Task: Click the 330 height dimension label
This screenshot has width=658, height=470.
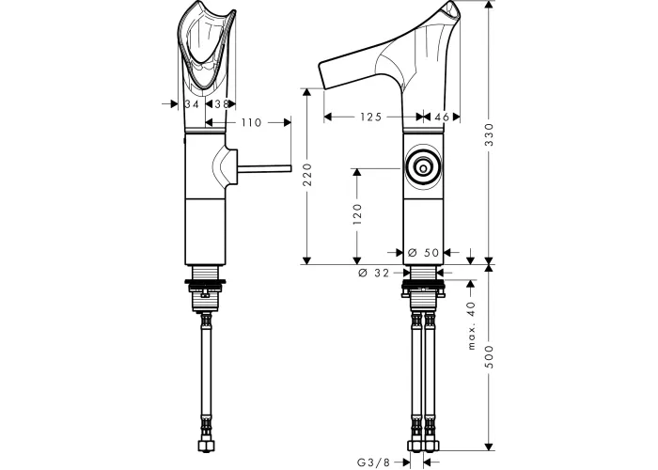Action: coord(490,134)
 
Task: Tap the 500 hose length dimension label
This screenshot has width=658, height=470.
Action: coord(490,356)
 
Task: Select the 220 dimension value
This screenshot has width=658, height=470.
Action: coord(307,175)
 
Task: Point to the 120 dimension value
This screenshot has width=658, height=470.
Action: coord(357,214)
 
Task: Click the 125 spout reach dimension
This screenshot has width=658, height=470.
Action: coord(371,117)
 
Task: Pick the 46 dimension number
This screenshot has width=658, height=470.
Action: coord(442,117)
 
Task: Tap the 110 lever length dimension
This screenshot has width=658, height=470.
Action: coord(251,122)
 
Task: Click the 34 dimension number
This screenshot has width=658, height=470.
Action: coord(192,103)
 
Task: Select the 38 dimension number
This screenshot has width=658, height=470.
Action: coord(222,103)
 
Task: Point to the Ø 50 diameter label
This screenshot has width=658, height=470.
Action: coord(423,252)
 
